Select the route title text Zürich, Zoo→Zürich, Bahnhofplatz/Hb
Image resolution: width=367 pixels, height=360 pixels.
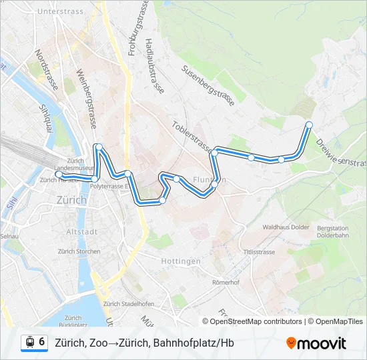[x=144, y=343]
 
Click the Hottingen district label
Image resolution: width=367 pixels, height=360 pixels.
[x=181, y=261]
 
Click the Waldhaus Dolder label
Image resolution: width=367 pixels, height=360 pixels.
[x=286, y=227]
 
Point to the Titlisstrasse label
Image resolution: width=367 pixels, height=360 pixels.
[x=260, y=252]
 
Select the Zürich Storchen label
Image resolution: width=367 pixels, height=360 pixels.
[x=79, y=251]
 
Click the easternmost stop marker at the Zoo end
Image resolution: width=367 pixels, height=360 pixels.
[x=309, y=125]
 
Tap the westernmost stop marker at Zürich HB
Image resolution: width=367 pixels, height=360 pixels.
[x=58, y=175]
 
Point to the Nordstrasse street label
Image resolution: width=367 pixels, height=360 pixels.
[x=47, y=69]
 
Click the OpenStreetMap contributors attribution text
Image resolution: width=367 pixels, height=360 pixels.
[x=256, y=321]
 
